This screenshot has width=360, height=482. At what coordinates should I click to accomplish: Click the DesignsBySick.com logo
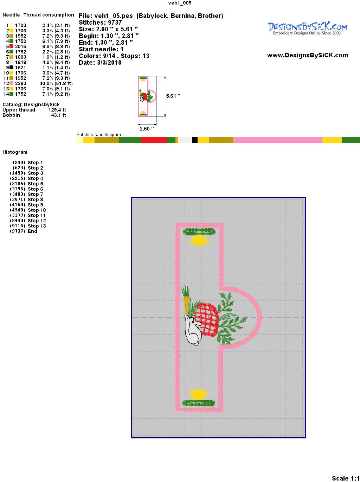tap(307, 28)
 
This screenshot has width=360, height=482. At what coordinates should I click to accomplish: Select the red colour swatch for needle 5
tap(11, 46)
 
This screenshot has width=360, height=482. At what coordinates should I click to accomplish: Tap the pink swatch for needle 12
tap(11, 83)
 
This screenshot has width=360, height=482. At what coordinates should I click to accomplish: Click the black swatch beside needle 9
tap(11, 68)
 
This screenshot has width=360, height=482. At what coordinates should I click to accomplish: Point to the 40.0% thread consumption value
tap(46, 83)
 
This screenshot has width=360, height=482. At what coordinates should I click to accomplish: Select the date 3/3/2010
tap(109, 63)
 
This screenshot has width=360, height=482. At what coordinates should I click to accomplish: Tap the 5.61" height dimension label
tap(173, 96)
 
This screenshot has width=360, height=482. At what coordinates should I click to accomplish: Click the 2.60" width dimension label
tap(147, 128)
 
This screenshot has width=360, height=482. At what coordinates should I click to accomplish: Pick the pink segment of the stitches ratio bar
tap(277, 140)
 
